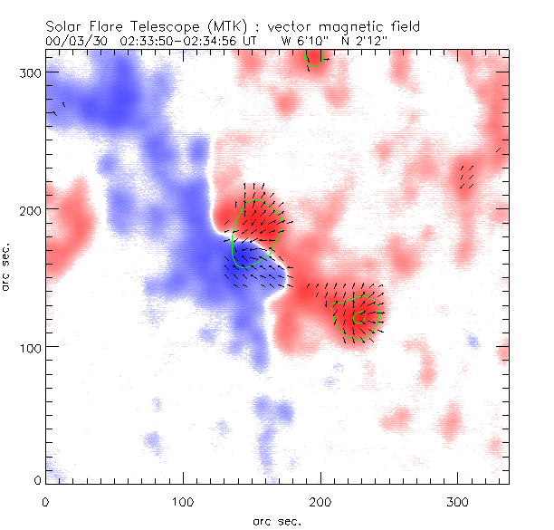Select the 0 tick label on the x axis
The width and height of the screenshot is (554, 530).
(45, 501)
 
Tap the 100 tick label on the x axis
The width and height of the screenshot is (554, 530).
(184, 501)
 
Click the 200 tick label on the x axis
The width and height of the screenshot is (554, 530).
(321, 501)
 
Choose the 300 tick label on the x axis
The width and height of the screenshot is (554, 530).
(460, 501)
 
